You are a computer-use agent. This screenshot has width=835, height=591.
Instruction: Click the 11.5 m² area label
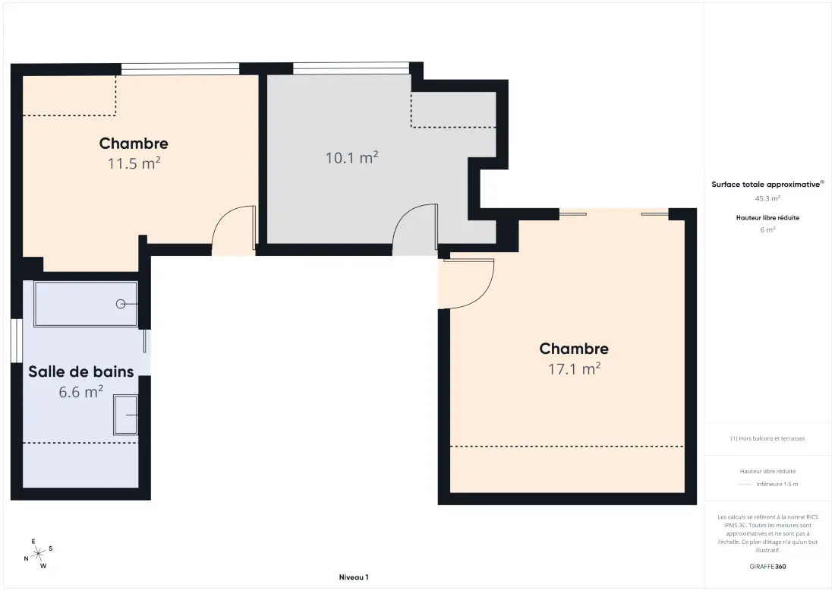tap(134, 163)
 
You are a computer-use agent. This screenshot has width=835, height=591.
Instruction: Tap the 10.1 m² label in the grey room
tap(352, 158)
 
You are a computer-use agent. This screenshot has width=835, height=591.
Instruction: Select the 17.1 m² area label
tap(575, 368)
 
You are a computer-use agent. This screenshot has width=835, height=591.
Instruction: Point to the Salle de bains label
tap(81, 371)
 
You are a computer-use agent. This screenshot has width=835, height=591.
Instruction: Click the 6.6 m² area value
tap(81, 392)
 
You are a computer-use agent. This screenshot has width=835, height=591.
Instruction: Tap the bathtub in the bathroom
tap(86, 304)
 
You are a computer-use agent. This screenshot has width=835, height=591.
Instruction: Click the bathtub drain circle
tap(121, 304)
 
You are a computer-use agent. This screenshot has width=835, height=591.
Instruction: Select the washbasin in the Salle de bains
tap(126, 415)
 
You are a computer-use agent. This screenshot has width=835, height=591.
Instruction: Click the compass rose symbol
tap(39, 555)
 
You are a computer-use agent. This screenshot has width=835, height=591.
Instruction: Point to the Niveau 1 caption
tap(354, 577)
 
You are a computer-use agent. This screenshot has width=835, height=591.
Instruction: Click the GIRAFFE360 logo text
tap(767, 567)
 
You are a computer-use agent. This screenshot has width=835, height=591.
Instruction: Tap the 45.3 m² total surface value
tap(767, 198)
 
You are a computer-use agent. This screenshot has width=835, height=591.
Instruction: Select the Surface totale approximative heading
tap(767, 185)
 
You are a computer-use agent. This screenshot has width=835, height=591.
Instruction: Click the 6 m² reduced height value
tap(767, 229)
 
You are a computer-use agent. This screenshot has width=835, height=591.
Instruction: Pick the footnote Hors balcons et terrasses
tap(767, 438)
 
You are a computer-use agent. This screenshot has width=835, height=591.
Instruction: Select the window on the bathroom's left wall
tap(17, 341)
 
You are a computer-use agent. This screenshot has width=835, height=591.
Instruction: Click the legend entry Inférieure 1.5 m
tap(777, 484)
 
